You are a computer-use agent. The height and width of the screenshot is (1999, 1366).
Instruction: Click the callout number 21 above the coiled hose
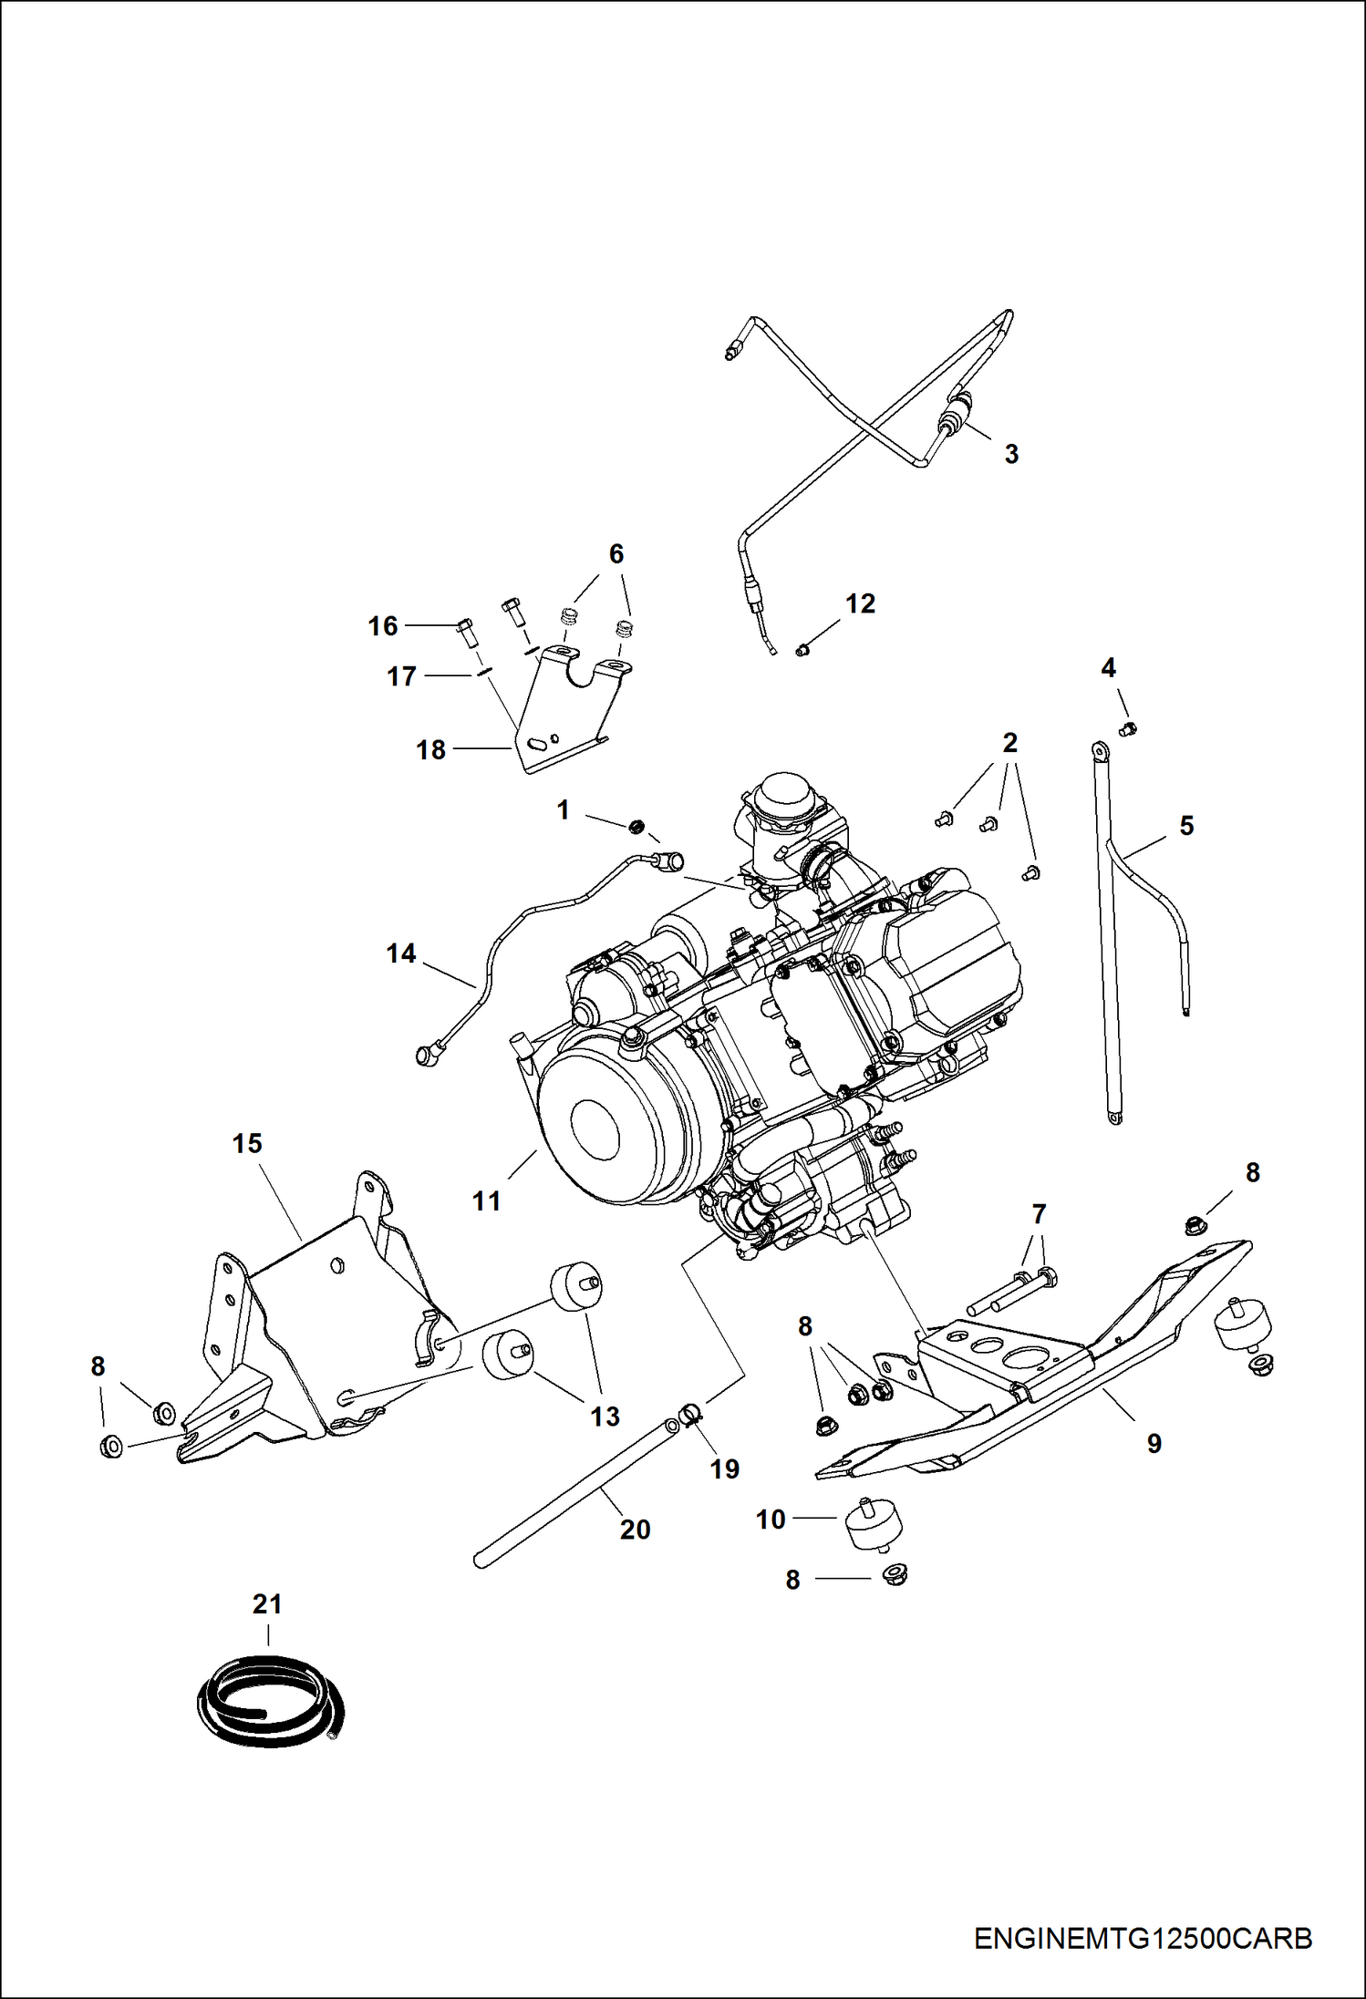(267, 1603)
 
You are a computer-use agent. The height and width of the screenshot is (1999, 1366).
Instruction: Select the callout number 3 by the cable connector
(1011, 453)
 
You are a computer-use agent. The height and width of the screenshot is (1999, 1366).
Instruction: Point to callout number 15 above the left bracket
(247, 1143)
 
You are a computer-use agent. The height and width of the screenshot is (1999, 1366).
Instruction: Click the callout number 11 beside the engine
(487, 1201)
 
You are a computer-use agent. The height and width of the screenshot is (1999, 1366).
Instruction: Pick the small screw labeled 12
(802, 649)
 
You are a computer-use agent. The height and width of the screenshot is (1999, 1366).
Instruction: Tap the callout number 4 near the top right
(1108, 668)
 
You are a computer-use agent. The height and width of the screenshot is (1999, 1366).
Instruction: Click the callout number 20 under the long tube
(635, 1529)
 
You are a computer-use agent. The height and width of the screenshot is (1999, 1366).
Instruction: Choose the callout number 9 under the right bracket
(1154, 1443)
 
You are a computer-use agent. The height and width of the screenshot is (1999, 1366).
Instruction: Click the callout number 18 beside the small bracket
(430, 749)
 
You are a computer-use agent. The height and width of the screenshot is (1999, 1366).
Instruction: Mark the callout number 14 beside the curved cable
(400, 953)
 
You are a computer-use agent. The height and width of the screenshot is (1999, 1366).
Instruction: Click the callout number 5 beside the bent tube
(1186, 826)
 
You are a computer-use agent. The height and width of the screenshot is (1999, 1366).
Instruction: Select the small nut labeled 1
(637, 827)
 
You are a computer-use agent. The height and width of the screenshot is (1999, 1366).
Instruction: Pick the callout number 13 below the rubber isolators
(605, 1416)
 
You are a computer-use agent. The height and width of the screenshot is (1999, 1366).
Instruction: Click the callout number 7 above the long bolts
(1039, 1213)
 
